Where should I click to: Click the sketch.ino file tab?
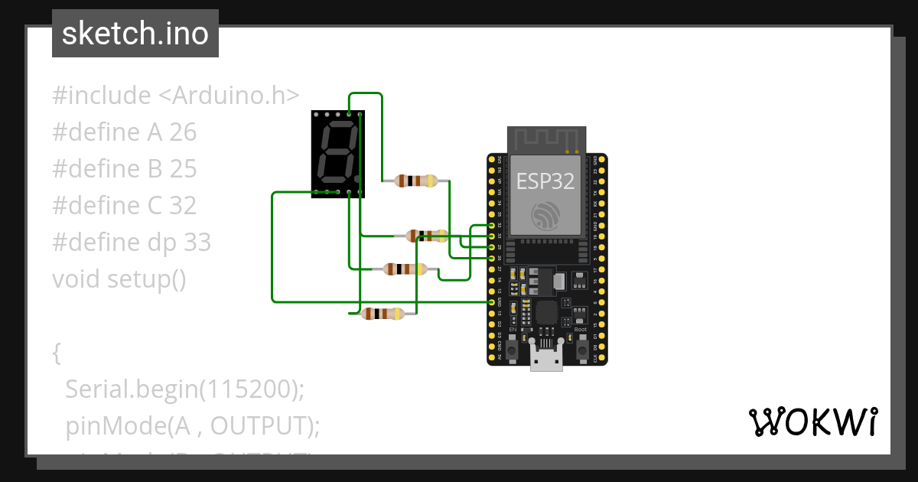click(x=135, y=34)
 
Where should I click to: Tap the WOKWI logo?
click(x=812, y=422)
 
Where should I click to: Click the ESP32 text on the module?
click(x=545, y=181)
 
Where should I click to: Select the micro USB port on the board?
click(x=546, y=357)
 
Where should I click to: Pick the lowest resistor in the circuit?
click(x=382, y=314)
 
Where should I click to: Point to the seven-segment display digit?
click(x=335, y=151)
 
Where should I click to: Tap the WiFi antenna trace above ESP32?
click(x=546, y=140)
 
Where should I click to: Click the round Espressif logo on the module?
click(x=546, y=215)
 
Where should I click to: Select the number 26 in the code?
click(x=183, y=132)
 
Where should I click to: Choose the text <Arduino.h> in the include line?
click(x=228, y=96)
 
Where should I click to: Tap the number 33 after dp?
click(x=197, y=243)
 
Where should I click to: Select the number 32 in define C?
click(x=183, y=206)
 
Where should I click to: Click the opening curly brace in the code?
click(x=57, y=353)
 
